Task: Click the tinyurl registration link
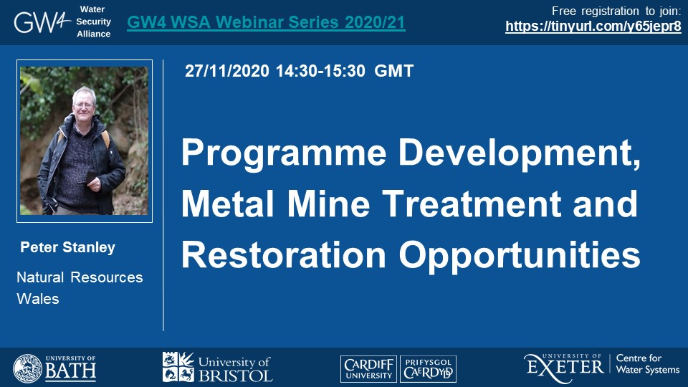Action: [593, 27]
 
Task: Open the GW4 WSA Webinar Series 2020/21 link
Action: [266, 22]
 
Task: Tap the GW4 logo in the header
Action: [42, 22]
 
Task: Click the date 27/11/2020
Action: [227, 71]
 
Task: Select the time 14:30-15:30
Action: [320, 71]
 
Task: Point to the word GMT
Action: [393, 71]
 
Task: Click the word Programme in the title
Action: [284, 153]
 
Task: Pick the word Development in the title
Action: [519, 152]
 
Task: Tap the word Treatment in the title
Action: [472, 204]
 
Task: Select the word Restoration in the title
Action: [284, 254]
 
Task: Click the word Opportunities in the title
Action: [520, 256]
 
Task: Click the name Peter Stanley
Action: [68, 247]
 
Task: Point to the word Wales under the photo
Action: [38, 299]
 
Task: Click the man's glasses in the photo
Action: [84, 105]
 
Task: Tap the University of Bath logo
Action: [54, 368]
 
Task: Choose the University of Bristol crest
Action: [178, 367]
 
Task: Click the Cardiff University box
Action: [368, 368]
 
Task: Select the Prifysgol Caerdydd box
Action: [429, 368]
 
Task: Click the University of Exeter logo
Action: [563, 368]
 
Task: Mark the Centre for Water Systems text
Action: [648, 364]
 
